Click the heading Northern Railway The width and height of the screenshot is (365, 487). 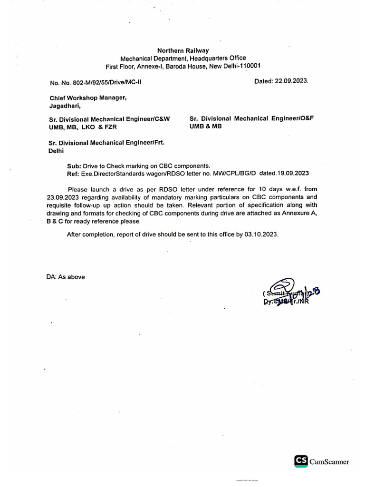pos(183,50)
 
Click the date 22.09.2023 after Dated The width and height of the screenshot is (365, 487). pos(292,81)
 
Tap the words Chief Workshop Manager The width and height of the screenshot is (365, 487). pos(88,98)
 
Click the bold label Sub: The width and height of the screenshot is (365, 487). pos(74,166)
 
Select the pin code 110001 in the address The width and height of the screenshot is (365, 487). pos(246,66)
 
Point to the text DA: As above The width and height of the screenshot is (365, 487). pos(66,277)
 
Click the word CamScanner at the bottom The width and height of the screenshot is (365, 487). pos(329,461)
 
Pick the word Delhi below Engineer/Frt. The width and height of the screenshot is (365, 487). pos(56,150)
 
